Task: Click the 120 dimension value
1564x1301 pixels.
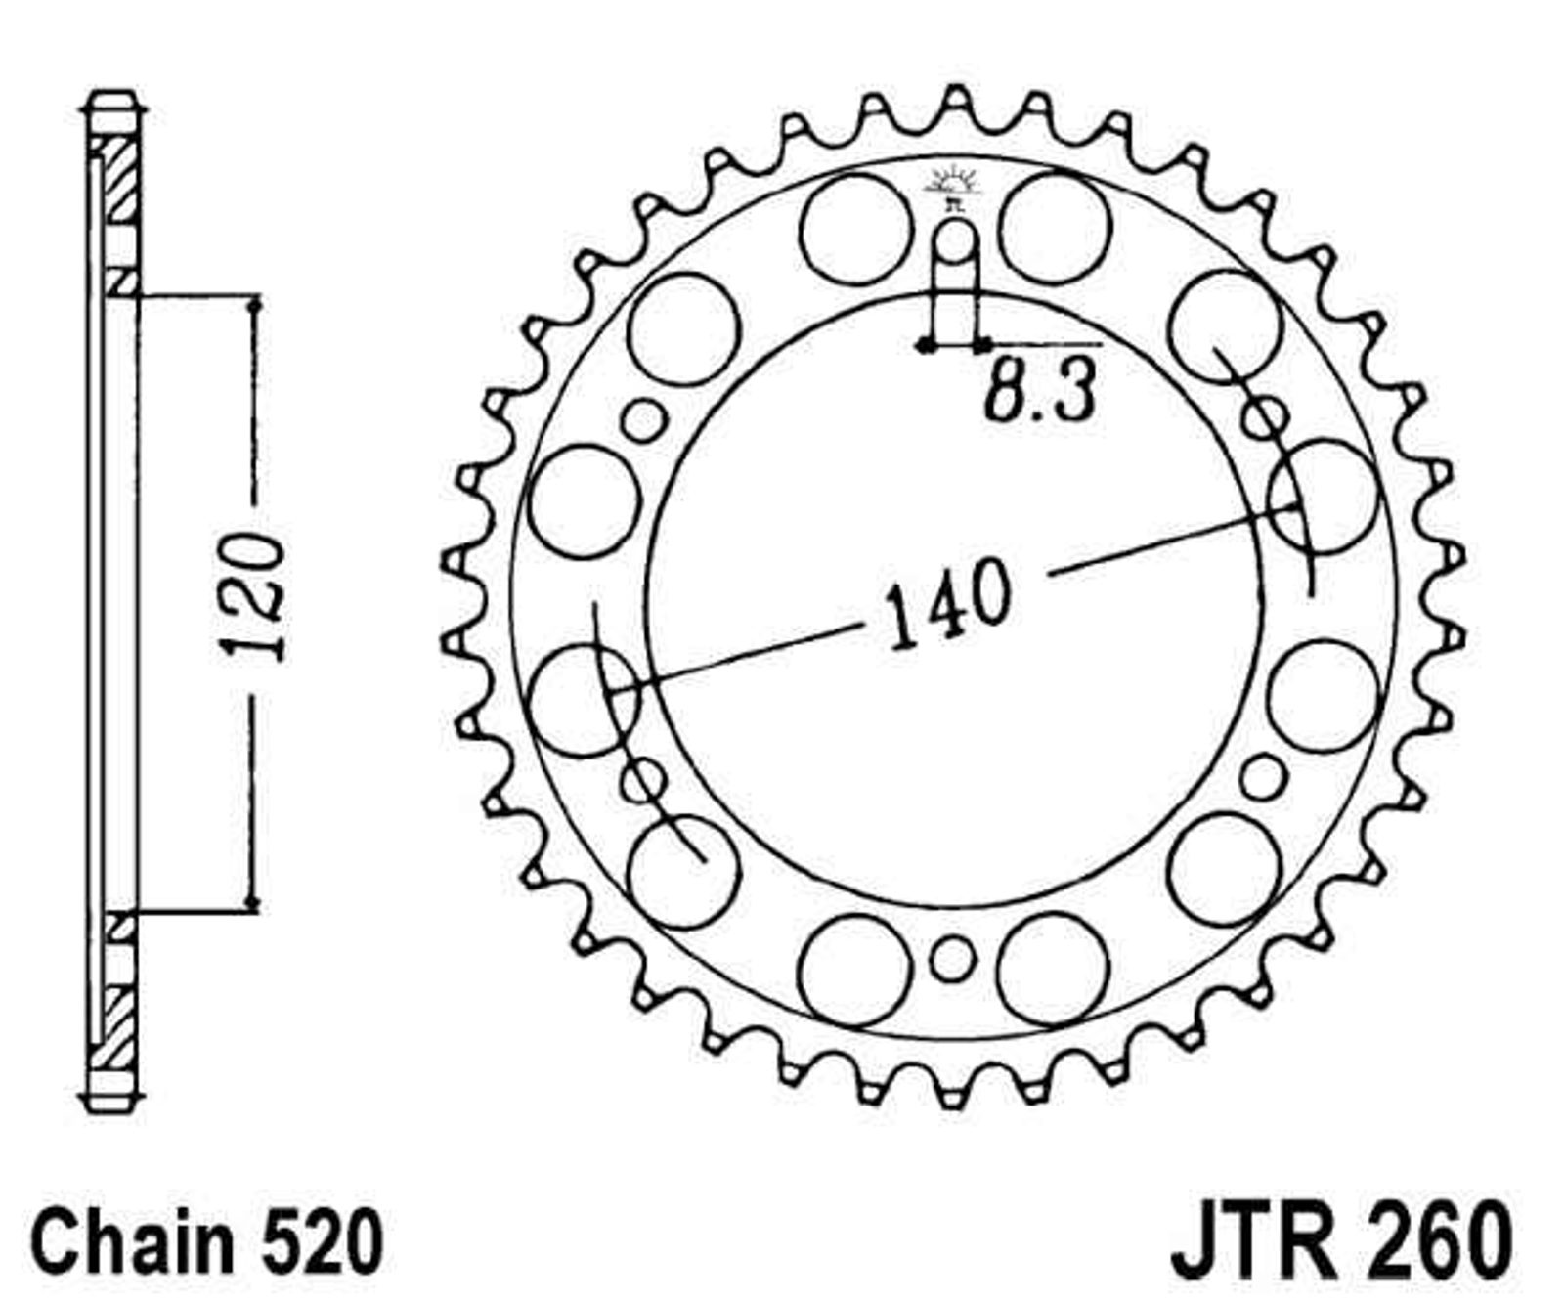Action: tap(253, 597)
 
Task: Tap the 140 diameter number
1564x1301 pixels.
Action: tap(947, 602)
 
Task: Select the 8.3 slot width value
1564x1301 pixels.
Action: tap(1038, 390)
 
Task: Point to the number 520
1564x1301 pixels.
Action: tap(317, 1242)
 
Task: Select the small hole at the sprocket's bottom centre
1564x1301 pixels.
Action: tap(952, 958)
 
